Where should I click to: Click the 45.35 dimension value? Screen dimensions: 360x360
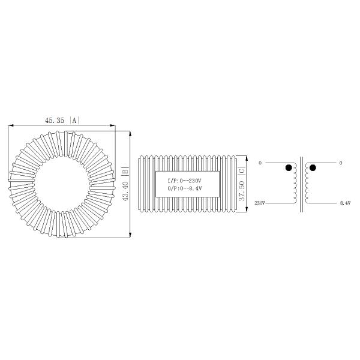click(x=55, y=121)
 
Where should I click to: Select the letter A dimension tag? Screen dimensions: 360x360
click(x=74, y=121)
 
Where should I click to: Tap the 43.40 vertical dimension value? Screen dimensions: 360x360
click(x=125, y=191)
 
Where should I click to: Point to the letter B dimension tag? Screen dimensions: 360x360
click(x=125, y=171)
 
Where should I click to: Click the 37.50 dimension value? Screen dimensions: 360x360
click(x=242, y=191)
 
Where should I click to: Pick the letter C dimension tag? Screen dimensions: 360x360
click(x=242, y=171)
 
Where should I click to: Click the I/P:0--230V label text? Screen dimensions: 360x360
click(x=184, y=181)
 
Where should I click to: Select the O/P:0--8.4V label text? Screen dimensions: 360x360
click(x=185, y=189)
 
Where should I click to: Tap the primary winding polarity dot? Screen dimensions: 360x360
click(x=289, y=167)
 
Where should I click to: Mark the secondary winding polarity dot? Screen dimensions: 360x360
click(x=313, y=168)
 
